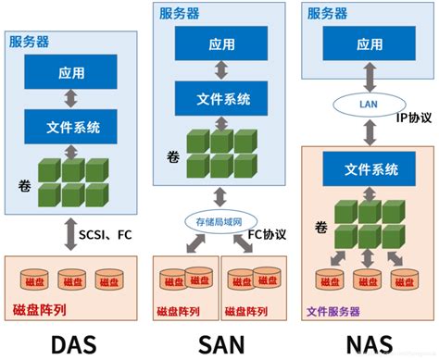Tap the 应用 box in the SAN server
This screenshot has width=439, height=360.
[219, 43]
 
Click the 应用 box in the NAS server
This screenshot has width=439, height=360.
[370, 43]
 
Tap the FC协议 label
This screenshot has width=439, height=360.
[270, 233]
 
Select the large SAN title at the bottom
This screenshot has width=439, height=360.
[220, 343]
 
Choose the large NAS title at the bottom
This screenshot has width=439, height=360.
[370, 343]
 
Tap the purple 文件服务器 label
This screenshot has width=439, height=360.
[334, 311]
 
